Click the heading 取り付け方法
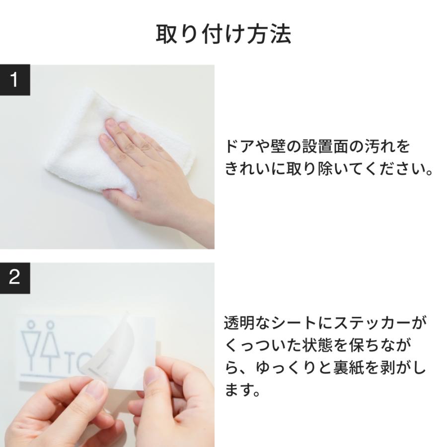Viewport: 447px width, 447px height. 223,34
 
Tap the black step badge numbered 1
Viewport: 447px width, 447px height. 15,80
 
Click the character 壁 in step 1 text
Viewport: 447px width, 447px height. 278,147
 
